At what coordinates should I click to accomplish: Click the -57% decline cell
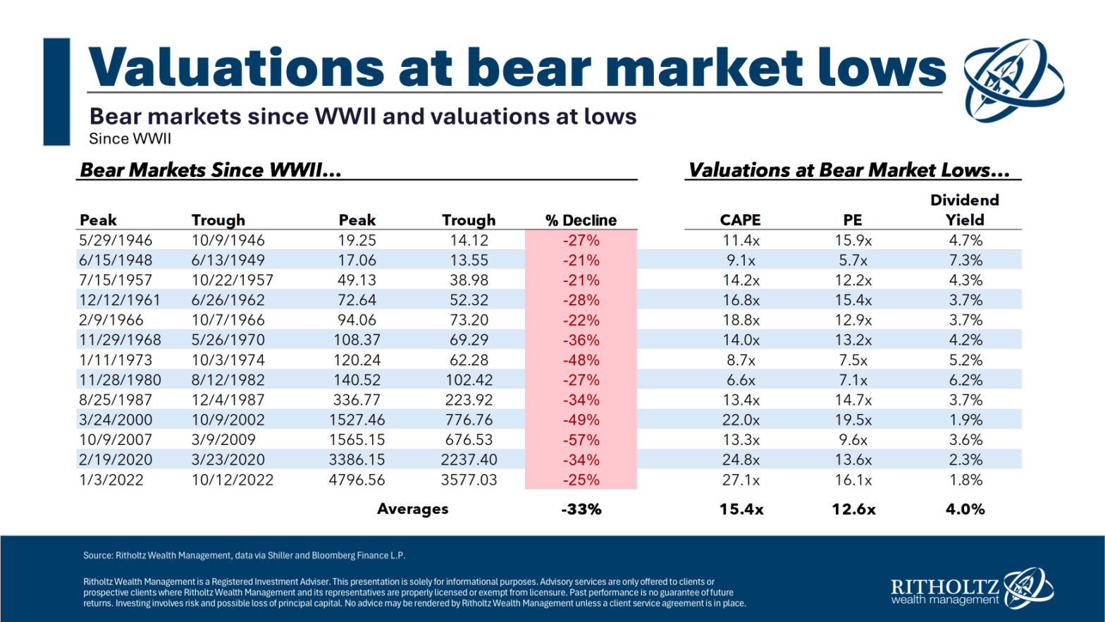click(x=581, y=440)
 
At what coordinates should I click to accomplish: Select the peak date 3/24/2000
click(x=116, y=420)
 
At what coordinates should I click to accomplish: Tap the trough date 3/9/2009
click(x=223, y=440)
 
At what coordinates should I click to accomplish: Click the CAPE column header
click(x=740, y=220)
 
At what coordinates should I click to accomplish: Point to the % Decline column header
click(x=581, y=220)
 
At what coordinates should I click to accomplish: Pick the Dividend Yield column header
click(x=964, y=209)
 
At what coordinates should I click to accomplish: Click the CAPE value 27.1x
click(x=741, y=480)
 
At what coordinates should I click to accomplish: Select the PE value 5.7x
click(x=853, y=260)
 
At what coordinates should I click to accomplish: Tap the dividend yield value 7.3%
click(x=965, y=260)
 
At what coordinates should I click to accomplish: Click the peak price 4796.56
click(x=357, y=480)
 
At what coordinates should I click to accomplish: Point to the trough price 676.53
click(x=469, y=440)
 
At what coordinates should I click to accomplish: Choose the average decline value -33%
click(x=581, y=509)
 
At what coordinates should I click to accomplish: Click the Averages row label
click(x=412, y=509)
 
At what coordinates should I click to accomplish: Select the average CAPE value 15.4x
click(x=741, y=509)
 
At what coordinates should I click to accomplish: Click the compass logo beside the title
click(x=1013, y=79)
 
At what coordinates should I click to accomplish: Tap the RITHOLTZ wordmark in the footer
click(x=944, y=587)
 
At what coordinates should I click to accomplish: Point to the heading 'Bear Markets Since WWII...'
click(x=210, y=170)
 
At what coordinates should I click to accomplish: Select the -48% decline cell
click(x=581, y=360)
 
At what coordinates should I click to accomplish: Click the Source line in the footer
click(x=244, y=556)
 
